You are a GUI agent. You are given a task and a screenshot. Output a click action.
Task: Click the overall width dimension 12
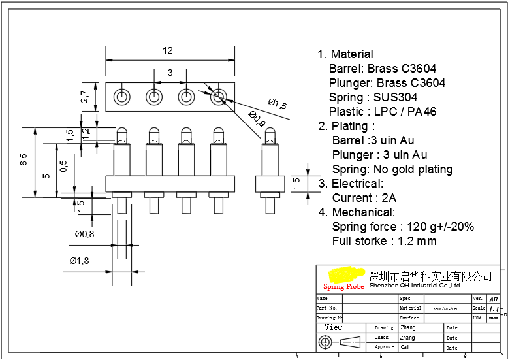[x=168, y=50]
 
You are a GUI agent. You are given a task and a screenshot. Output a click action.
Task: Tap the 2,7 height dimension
[x=85, y=97]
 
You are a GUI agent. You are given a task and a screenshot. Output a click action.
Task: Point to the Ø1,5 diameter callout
[x=277, y=103]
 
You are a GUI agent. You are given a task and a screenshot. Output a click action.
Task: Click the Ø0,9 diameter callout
[x=257, y=120]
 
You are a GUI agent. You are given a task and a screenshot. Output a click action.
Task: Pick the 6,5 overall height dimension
[x=24, y=161]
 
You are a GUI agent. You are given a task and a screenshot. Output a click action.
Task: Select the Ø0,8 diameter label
[x=84, y=234]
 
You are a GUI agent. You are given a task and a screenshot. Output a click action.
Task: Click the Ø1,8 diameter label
[x=79, y=261]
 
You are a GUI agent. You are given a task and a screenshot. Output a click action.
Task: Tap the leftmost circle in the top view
[x=121, y=97]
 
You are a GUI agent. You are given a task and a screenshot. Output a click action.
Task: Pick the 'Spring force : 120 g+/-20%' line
[x=403, y=227]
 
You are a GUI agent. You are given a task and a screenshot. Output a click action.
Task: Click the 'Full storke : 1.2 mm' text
[x=384, y=241]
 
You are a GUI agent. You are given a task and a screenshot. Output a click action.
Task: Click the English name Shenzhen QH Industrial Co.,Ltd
[x=415, y=286]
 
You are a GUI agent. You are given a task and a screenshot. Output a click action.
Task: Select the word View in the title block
[x=333, y=327]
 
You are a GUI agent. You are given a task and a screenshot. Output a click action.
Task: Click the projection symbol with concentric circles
[x=325, y=342]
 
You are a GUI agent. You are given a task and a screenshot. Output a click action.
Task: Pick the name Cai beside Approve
[x=405, y=348]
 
